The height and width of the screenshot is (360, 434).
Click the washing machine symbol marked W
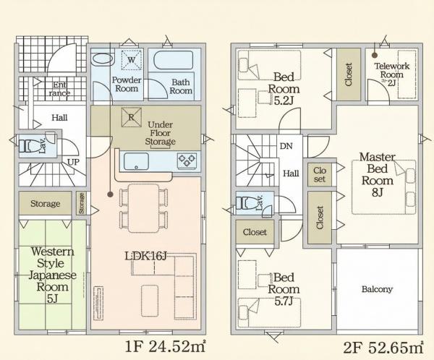point(132,60)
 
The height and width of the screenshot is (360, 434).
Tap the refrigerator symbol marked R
point(131,117)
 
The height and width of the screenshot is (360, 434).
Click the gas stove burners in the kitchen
point(187,160)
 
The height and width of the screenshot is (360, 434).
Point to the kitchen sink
point(136,161)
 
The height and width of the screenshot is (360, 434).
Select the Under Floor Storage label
point(161,133)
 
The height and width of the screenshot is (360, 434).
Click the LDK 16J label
point(146,257)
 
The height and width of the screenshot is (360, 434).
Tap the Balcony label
point(377,289)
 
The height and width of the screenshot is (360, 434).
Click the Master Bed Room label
point(378,174)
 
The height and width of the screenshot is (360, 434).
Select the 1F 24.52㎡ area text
point(166,346)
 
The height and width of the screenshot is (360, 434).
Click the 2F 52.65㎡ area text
point(383,347)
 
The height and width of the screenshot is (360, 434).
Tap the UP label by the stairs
point(73,162)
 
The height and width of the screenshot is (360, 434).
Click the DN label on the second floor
point(286,146)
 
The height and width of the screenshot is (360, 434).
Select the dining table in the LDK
point(144,208)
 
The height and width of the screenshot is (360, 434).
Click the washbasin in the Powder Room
point(103,59)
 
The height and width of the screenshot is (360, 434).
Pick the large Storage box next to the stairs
point(45,203)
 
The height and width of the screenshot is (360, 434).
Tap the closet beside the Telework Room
point(349,74)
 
